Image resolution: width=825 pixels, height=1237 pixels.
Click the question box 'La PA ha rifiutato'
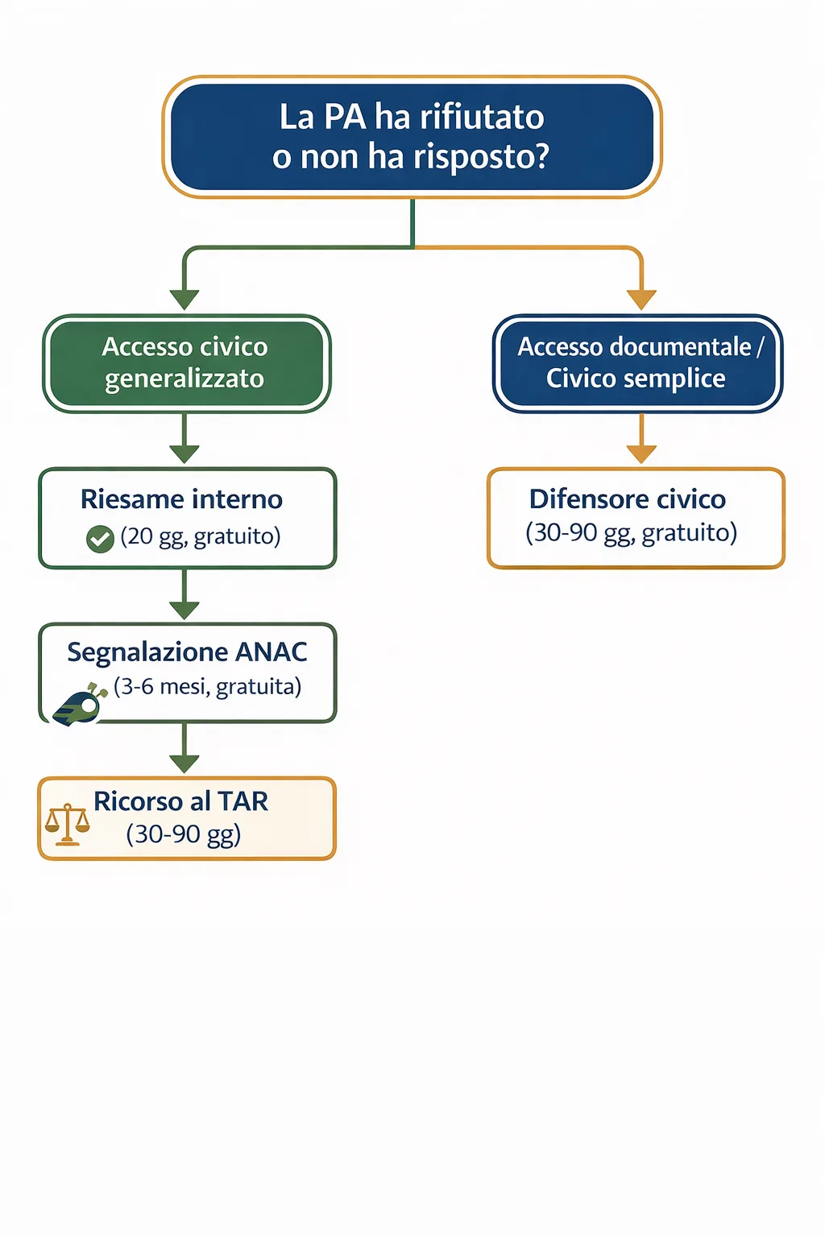point(412,137)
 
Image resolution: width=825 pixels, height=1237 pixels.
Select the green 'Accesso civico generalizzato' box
point(186,363)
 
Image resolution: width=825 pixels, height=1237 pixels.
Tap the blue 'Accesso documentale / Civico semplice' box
point(637,363)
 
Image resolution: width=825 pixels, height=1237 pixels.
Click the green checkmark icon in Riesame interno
point(100,539)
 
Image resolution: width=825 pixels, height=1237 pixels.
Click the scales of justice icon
point(67,824)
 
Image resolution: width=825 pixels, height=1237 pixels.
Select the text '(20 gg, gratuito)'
point(201,536)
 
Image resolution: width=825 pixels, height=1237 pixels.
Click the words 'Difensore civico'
point(627,499)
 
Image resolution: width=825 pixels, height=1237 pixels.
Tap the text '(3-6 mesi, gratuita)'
point(208,687)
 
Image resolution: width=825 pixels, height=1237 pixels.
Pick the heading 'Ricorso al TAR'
point(180,801)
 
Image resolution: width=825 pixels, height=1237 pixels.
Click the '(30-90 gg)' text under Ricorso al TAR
point(184,834)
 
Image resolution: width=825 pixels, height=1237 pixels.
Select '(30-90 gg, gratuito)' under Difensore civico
point(631,533)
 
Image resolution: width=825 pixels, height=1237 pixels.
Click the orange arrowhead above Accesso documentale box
point(641,300)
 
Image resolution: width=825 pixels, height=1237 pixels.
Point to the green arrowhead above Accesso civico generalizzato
point(184,300)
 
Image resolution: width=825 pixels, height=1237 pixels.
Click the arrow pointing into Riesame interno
point(184,453)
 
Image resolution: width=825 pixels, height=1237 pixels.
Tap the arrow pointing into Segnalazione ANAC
point(184,609)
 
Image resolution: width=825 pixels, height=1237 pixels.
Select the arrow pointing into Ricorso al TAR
point(184,762)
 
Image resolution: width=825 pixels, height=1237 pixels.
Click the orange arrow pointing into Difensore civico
point(641,453)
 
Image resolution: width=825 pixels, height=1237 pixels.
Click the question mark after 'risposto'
point(541,157)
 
